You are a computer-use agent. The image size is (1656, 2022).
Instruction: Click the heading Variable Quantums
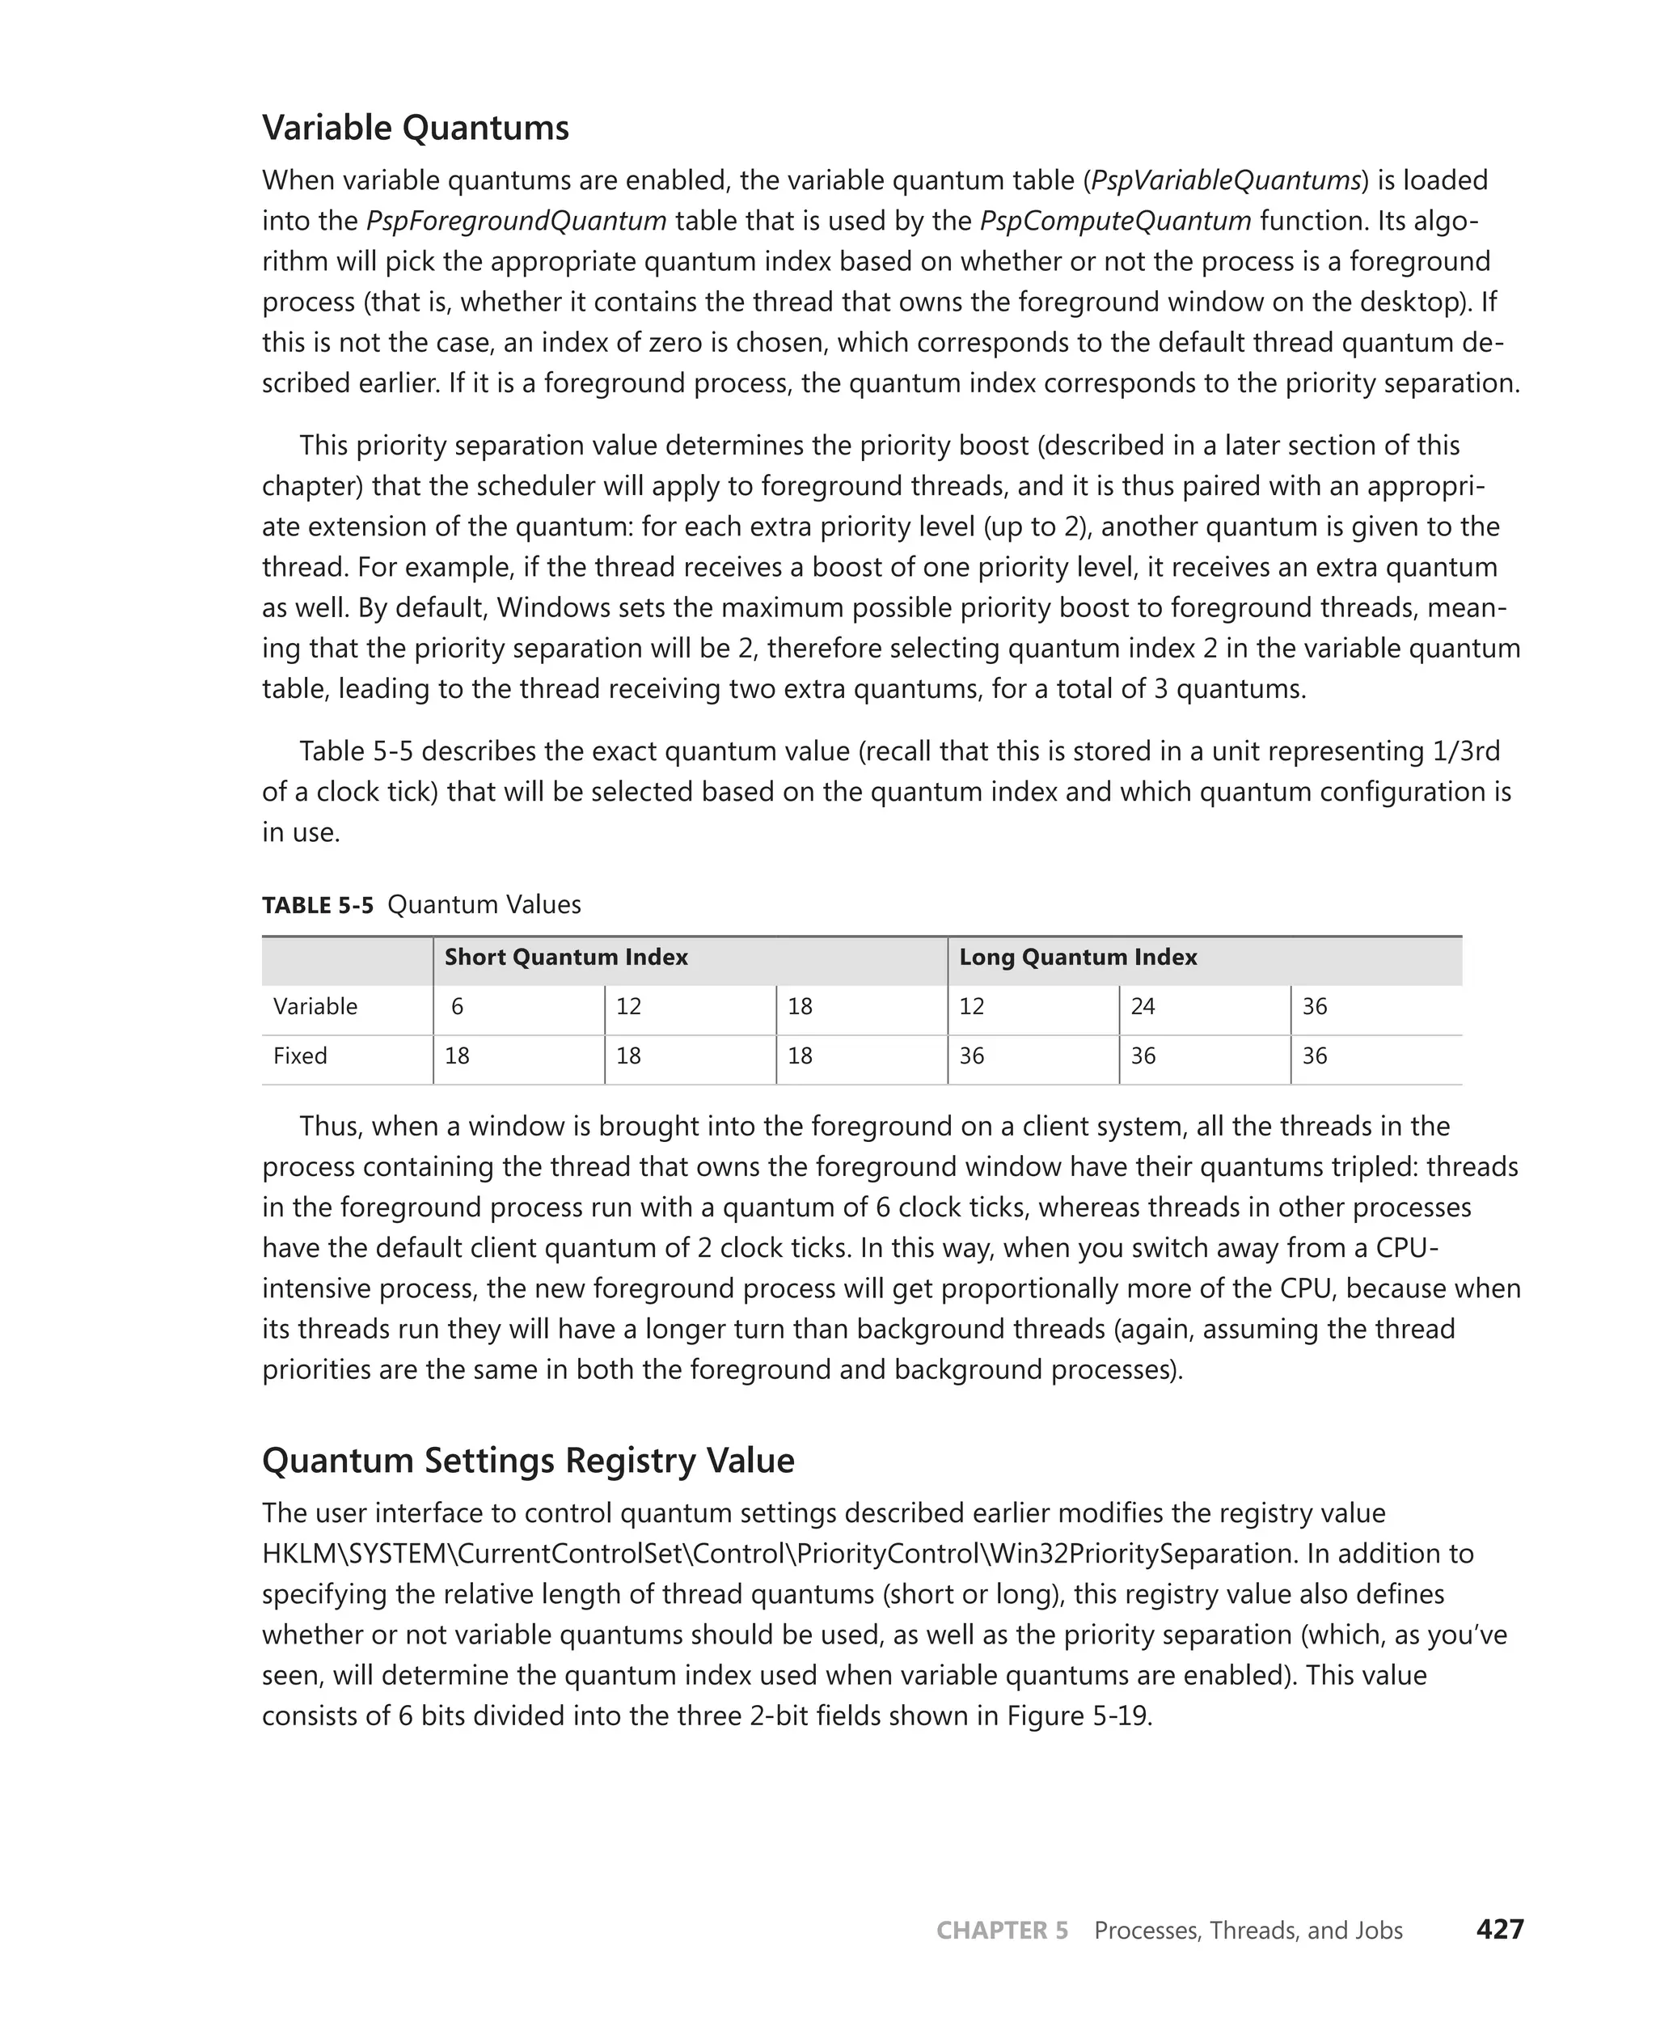pos(415,128)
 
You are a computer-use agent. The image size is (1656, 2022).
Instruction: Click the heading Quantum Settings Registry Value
pos(527,1460)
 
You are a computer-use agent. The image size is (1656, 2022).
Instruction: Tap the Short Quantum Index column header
pos(566,957)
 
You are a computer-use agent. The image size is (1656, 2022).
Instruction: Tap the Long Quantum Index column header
pos(1077,957)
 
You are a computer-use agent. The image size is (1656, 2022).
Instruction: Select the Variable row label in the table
pos(315,1007)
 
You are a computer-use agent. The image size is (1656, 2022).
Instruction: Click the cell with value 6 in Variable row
pos(457,1007)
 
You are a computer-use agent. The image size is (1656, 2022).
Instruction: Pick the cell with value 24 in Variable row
pos(1142,1007)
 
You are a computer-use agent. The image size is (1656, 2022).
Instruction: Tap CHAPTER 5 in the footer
pos(1002,1931)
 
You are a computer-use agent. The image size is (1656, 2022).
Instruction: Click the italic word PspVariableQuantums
pos(1225,180)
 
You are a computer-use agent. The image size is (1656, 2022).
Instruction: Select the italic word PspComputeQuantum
pos(1115,221)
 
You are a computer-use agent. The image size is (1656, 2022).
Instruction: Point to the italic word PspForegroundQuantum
pos(516,221)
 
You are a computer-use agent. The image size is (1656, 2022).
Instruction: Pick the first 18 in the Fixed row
pos(457,1056)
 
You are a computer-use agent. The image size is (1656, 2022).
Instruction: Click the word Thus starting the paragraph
pos(328,1126)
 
